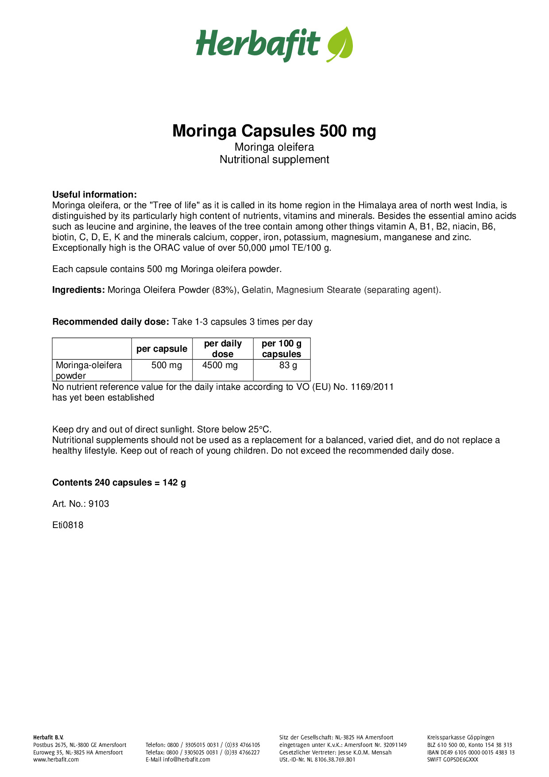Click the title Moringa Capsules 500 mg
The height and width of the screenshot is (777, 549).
coord(274,131)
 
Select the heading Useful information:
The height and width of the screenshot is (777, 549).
coord(94,194)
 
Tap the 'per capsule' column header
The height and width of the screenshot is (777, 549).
coord(162,349)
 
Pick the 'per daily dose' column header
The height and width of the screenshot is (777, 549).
coord(223,349)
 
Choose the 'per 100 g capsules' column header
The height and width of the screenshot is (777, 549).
coord(282,349)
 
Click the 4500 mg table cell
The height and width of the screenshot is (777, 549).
coord(220,365)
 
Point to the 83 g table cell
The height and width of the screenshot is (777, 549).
coord(288,365)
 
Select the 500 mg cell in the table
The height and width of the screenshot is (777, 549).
coord(166,365)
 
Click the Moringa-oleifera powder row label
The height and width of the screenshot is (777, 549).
coord(89,370)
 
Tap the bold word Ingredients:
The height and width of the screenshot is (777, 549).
coord(78,290)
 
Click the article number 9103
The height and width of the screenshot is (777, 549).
coord(99,504)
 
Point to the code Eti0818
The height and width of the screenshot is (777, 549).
coord(68,525)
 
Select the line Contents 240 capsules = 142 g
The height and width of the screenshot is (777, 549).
coord(119,482)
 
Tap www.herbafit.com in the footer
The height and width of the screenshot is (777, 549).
coord(56,760)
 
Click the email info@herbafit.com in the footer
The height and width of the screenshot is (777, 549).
coord(186,760)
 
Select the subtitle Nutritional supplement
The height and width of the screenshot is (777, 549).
coord(274,159)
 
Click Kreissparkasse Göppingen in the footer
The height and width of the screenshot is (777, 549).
coord(460,738)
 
